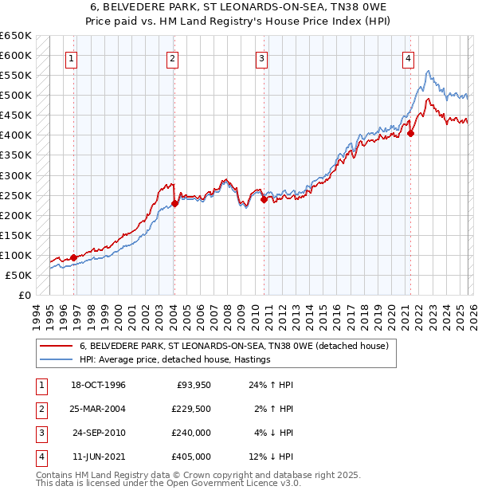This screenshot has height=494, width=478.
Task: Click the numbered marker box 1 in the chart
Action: [72, 57]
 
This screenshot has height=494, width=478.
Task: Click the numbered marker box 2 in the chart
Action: [173, 57]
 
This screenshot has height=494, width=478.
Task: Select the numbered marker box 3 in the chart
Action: [261, 57]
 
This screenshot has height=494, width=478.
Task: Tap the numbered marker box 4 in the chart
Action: [407, 57]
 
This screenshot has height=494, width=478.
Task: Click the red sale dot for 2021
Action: [411, 134]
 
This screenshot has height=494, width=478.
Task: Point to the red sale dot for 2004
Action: [174, 203]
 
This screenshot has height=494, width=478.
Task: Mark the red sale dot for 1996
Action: [73, 257]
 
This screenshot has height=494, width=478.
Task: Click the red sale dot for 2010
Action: [264, 199]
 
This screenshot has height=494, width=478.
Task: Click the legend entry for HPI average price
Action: [174, 359]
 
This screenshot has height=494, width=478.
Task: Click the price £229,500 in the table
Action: [191, 409]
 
